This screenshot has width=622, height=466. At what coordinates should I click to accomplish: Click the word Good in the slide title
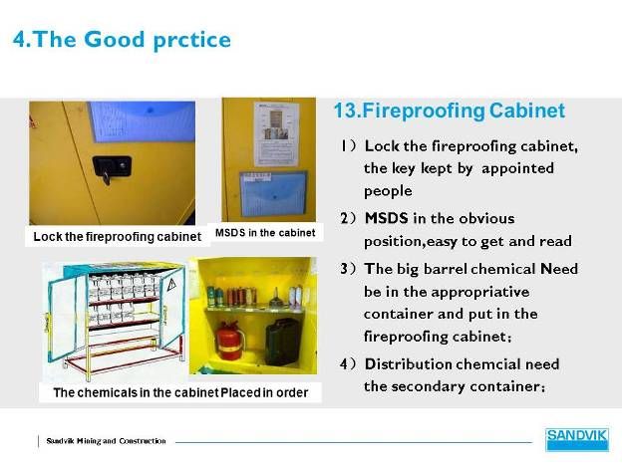point(115,39)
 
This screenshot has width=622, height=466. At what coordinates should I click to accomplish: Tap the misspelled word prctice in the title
point(191,41)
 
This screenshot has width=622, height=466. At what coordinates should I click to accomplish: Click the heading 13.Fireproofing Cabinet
point(449,111)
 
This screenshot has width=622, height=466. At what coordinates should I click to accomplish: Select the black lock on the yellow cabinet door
point(112,166)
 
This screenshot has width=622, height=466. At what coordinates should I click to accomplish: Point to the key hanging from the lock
point(106,177)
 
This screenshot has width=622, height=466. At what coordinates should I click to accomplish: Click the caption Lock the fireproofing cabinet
point(117,237)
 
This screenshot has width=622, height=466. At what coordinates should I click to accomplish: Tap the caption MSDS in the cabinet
point(265,233)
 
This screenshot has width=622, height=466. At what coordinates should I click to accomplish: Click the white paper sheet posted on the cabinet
point(276,134)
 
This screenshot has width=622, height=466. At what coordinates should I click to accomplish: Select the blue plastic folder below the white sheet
point(273,193)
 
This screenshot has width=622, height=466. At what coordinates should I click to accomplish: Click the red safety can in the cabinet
point(229,341)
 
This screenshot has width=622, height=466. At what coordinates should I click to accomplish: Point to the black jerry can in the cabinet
point(282,341)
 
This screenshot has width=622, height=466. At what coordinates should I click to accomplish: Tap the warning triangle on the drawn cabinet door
point(171,284)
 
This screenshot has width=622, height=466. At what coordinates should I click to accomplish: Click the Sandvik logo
point(577,439)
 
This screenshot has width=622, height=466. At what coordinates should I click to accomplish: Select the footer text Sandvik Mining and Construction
point(106,441)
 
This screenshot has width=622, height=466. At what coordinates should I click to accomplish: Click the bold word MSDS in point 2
point(386,218)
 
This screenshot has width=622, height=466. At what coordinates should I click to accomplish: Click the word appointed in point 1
point(517,169)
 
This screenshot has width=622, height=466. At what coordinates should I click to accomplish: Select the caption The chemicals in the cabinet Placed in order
point(180,392)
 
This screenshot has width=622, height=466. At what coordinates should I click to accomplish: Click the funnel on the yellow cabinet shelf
point(276,298)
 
